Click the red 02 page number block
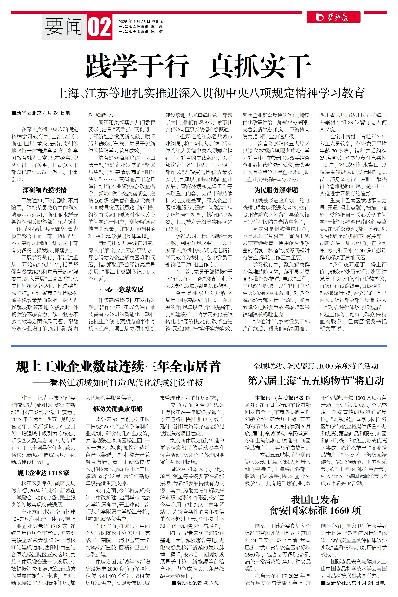click(99, 27)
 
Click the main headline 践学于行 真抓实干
click(199, 66)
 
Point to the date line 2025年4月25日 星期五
click(141, 22)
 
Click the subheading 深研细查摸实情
click(45, 190)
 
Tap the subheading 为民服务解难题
click(276, 190)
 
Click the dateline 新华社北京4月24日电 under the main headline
click(41, 113)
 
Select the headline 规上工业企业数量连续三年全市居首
click(118, 367)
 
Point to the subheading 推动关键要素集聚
click(118, 409)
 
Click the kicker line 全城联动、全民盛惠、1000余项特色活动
click(315, 366)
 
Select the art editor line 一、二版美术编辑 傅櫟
click(141, 31)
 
